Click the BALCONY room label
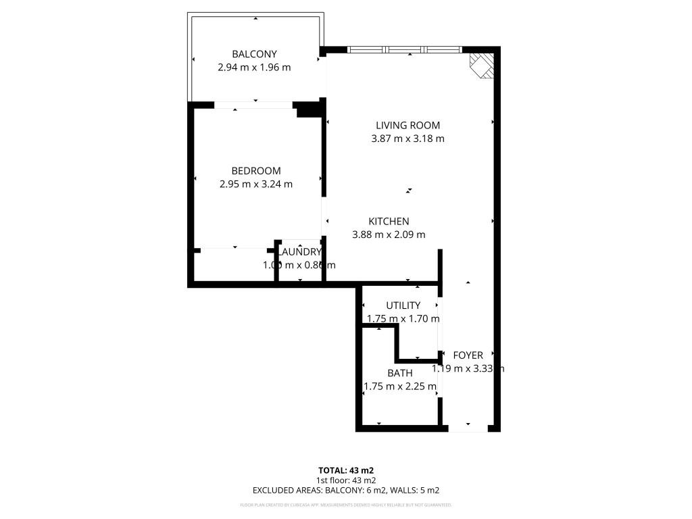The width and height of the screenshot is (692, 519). [x=254, y=54]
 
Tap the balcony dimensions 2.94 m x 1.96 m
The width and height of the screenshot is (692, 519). [x=254, y=68]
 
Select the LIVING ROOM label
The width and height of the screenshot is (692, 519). [x=407, y=125]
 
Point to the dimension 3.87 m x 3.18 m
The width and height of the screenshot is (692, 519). [x=407, y=139]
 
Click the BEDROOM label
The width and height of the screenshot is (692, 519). [x=255, y=171]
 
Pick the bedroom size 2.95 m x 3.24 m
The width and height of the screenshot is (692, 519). [x=255, y=184]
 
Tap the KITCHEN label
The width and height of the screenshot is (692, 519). [x=389, y=221]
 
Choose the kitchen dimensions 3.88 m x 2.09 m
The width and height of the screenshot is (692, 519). [x=389, y=234]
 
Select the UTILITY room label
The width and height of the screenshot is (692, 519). [x=403, y=305]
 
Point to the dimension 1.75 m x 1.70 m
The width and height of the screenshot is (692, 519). [x=403, y=318]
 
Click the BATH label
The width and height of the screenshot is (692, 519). [x=399, y=373]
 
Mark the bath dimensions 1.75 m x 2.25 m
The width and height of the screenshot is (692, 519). [x=399, y=387]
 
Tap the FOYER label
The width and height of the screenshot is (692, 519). [x=468, y=355]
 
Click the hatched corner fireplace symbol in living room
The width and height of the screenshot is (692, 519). [x=483, y=66]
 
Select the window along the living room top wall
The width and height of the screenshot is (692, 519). [x=404, y=49]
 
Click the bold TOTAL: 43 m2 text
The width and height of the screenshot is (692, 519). [x=346, y=470]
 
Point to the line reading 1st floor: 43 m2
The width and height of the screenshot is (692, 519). [x=346, y=480]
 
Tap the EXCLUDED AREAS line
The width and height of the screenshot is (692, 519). [x=346, y=491]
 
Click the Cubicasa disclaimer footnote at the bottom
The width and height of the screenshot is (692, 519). [x=346, y=505]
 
